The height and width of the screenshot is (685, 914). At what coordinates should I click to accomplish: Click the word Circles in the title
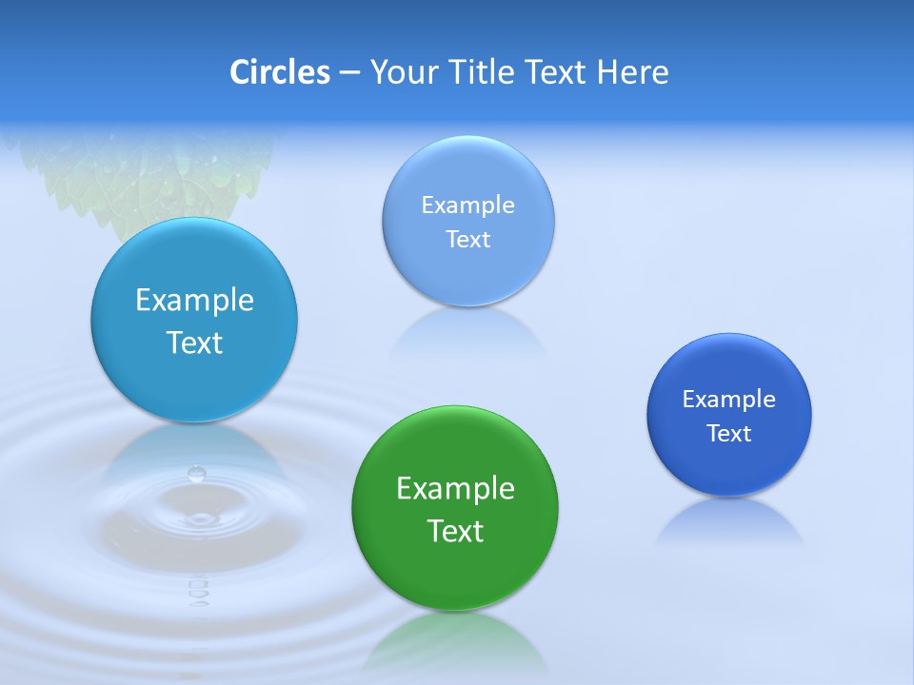click(x=279, y=72)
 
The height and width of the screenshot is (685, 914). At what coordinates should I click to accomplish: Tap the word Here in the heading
click(x=632, y=72)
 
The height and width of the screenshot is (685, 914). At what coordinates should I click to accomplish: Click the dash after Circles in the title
click(x=348, y=73)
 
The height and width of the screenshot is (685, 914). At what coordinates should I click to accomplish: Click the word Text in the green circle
click(x=455, y=531)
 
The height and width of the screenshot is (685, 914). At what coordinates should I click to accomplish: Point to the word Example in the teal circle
click(x=194, y=301)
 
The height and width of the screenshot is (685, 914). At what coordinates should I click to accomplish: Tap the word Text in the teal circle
click(x=194, y=342)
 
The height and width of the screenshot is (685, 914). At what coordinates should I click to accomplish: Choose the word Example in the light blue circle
click(x=467, y=205)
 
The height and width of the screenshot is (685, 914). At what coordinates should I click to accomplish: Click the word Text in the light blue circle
click(x=467, y=240)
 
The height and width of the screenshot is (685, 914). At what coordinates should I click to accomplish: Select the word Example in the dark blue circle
click(x=729, y=400)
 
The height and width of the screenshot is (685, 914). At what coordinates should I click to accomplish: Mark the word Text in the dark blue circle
click(x=729, y=434)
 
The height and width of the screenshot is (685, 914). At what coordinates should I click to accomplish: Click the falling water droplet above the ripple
click(x=197, y=473)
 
